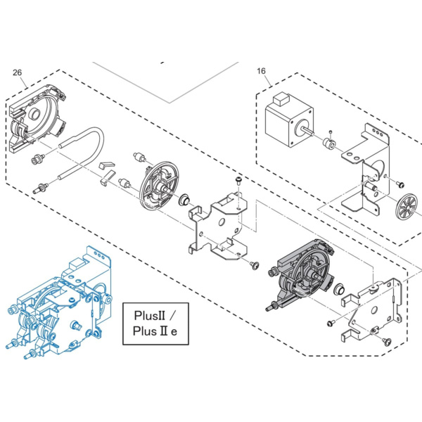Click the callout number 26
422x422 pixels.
(17, 72)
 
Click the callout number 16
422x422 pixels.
(261, 71)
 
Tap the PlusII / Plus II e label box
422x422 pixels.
(155, 324)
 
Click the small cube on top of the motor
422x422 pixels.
(281, 98)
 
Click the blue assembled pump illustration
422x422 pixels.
(59, 302)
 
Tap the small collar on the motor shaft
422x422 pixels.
(329, 144)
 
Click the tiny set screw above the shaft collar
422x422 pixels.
(331, 132)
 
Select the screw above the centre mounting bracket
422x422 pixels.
(238, 179)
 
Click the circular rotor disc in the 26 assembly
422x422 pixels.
(159, 186)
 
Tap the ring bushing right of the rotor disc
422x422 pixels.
(184, 200)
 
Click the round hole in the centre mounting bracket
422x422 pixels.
(222, 222)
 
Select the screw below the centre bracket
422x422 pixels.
(254, 265)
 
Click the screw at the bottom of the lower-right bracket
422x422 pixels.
(387, 341)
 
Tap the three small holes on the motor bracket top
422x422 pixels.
(378, 132)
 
